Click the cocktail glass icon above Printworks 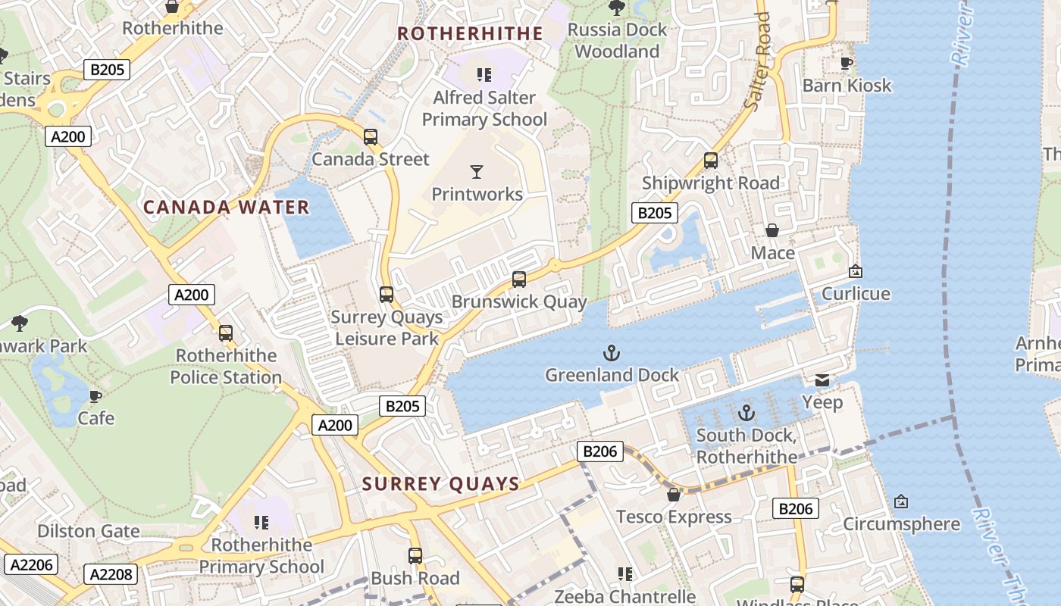(x=477, y=172)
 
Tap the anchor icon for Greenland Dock (x=611, y=353)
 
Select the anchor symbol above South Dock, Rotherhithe (x=746, y=413)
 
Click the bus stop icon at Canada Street (x=371, y=137)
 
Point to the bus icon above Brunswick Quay (x=519, y=280)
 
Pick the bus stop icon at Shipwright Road (x=711, y=161)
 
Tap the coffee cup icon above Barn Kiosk (x=847, y=63)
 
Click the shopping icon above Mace (x=772, y=230)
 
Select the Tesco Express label (x=674, y=517)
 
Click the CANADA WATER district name (x=227, y=207)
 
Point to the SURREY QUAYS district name (x=441, y=484)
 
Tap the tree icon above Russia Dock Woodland (x=617, y=8)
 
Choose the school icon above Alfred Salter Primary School (x=484, y=75)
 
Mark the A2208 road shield (x=111, y=574)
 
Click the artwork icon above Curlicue (x=856, y=271)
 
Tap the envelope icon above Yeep (x=822, y=380)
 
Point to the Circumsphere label (x=901, y=524)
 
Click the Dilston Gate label (x=89, y=531)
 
